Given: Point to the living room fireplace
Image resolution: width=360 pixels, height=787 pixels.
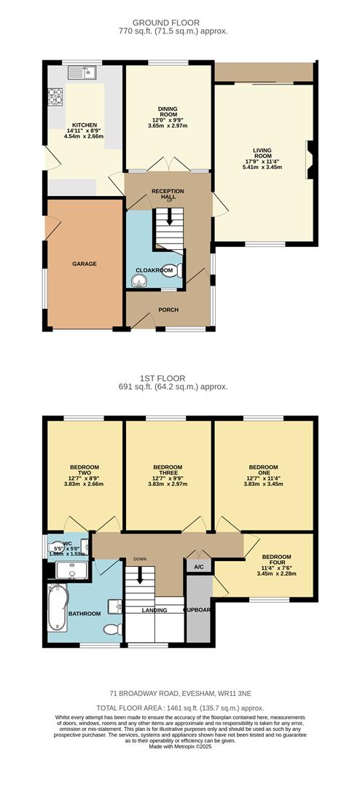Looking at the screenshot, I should click(x=311, y=159).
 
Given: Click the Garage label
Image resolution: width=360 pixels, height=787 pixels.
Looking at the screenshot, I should click(x=84, y=264).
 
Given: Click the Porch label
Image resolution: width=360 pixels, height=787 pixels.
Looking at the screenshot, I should click(x=168, y=310).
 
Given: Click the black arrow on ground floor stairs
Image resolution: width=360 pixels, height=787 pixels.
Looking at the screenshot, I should click(x=170, y=216).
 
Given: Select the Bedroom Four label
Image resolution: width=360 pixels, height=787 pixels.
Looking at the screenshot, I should click(x=276, y=559).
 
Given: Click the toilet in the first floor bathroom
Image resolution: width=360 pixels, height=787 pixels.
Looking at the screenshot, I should click(x=111, y=628).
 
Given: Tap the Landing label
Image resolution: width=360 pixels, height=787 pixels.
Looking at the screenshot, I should click(x=154, y=611).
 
